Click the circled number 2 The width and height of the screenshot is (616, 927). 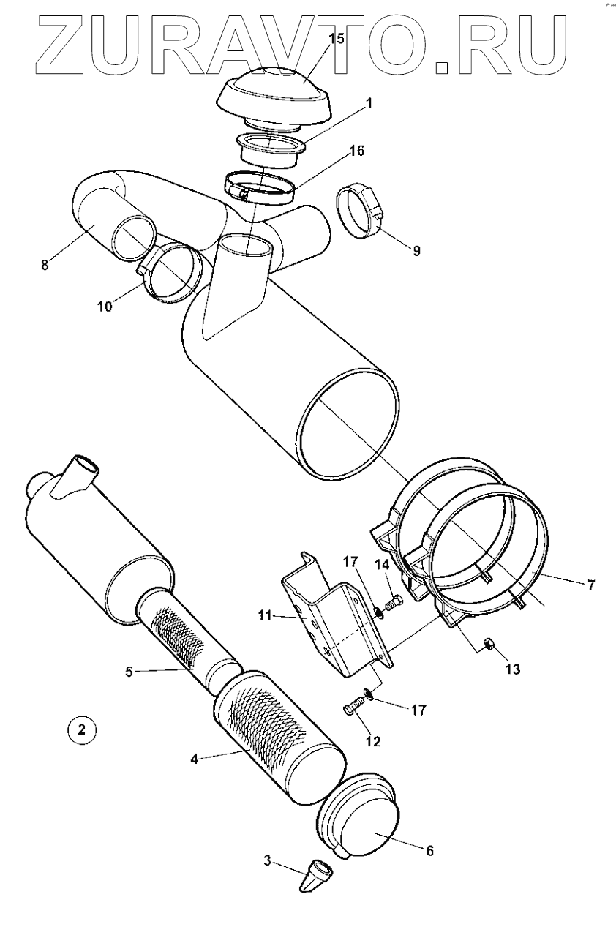[x=81, y=729]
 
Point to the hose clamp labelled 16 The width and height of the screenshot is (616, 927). [x=260, y=186]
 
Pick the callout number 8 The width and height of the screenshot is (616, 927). [x=45, y=265]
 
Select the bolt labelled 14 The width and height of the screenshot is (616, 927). [x=393, y=604]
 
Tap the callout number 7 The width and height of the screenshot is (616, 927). [x=591, y=585]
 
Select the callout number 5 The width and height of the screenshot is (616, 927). [x=129, y=670]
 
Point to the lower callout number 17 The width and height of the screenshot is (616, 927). [x=418, y=710]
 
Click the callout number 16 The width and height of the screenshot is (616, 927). [x=357, y=151]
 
